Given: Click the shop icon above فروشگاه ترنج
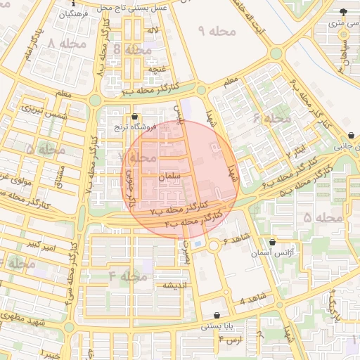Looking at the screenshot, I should pos(134,117).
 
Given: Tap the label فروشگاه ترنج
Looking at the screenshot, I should pos(134,128).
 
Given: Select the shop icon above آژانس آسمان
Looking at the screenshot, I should pos(272,242).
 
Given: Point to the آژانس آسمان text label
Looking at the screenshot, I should pos(272,252).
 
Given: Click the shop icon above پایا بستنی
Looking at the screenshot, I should pos(217,316).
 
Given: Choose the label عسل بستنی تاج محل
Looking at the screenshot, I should pos(135,6).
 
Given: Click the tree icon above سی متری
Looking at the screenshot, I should pos(343,12).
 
